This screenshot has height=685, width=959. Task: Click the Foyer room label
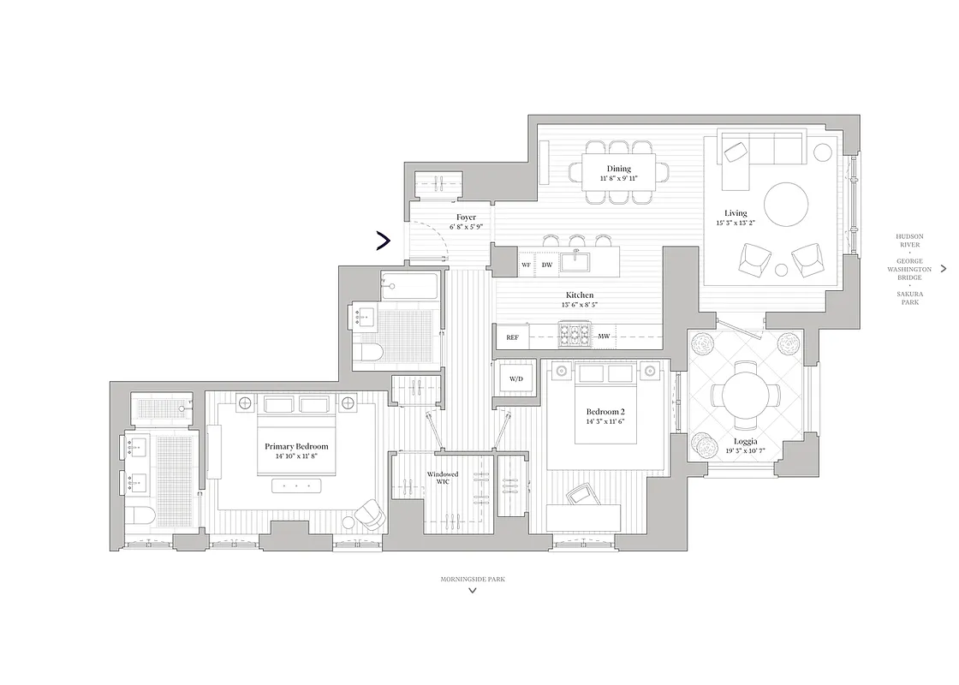[466, 217]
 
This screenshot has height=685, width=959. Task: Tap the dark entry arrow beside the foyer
[384, 241]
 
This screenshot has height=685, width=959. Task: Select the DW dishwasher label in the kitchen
[546, 265]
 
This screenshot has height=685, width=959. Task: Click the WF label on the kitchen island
[526, 265]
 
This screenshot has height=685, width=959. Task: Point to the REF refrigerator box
[512, 337]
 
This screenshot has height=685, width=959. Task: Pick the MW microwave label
[604, 337]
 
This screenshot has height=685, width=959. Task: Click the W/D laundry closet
[516, 378]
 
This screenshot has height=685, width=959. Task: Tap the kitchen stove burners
[572, 334]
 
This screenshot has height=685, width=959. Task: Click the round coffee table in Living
[785, 206]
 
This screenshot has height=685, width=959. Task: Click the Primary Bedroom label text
[296, 447]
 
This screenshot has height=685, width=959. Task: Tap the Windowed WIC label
[443, 478]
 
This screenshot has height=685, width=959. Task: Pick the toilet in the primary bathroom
[142, 518]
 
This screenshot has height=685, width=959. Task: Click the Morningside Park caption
[473, 579]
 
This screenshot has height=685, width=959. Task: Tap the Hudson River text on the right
[909, 240]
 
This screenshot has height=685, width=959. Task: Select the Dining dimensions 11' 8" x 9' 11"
[619, 179]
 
